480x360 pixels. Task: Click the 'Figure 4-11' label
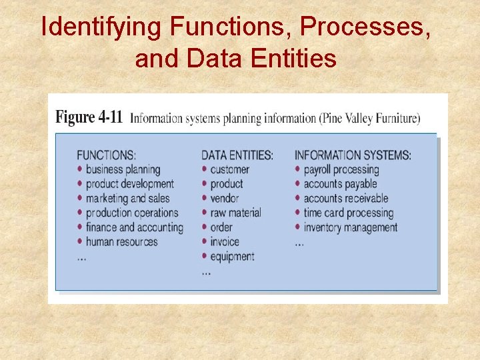coord(89,118)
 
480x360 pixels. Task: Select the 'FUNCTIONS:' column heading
coord(106,155)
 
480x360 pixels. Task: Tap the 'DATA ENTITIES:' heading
coord(237,155)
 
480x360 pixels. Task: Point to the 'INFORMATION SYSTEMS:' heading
coord(353,155)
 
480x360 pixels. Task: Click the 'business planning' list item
coord(123,170)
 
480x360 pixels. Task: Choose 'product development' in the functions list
coord(129,184)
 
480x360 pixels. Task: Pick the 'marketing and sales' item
coord(127,199)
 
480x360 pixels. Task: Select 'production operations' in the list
coord(132,213)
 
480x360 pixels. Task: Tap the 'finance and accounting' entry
coord(134,227)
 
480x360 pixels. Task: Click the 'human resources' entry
coord(121,242)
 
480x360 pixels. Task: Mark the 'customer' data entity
coord(229,170)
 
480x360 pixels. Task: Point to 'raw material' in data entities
coord(235,213)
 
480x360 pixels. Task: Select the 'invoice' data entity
coord(225,242)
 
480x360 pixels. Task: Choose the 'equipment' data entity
coord(232,257)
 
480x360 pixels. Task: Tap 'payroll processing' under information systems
coord(341,170)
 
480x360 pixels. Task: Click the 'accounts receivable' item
coord(345,199)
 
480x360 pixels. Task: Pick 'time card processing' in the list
coord(348,213)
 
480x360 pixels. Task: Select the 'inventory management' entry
coord(350,227)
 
